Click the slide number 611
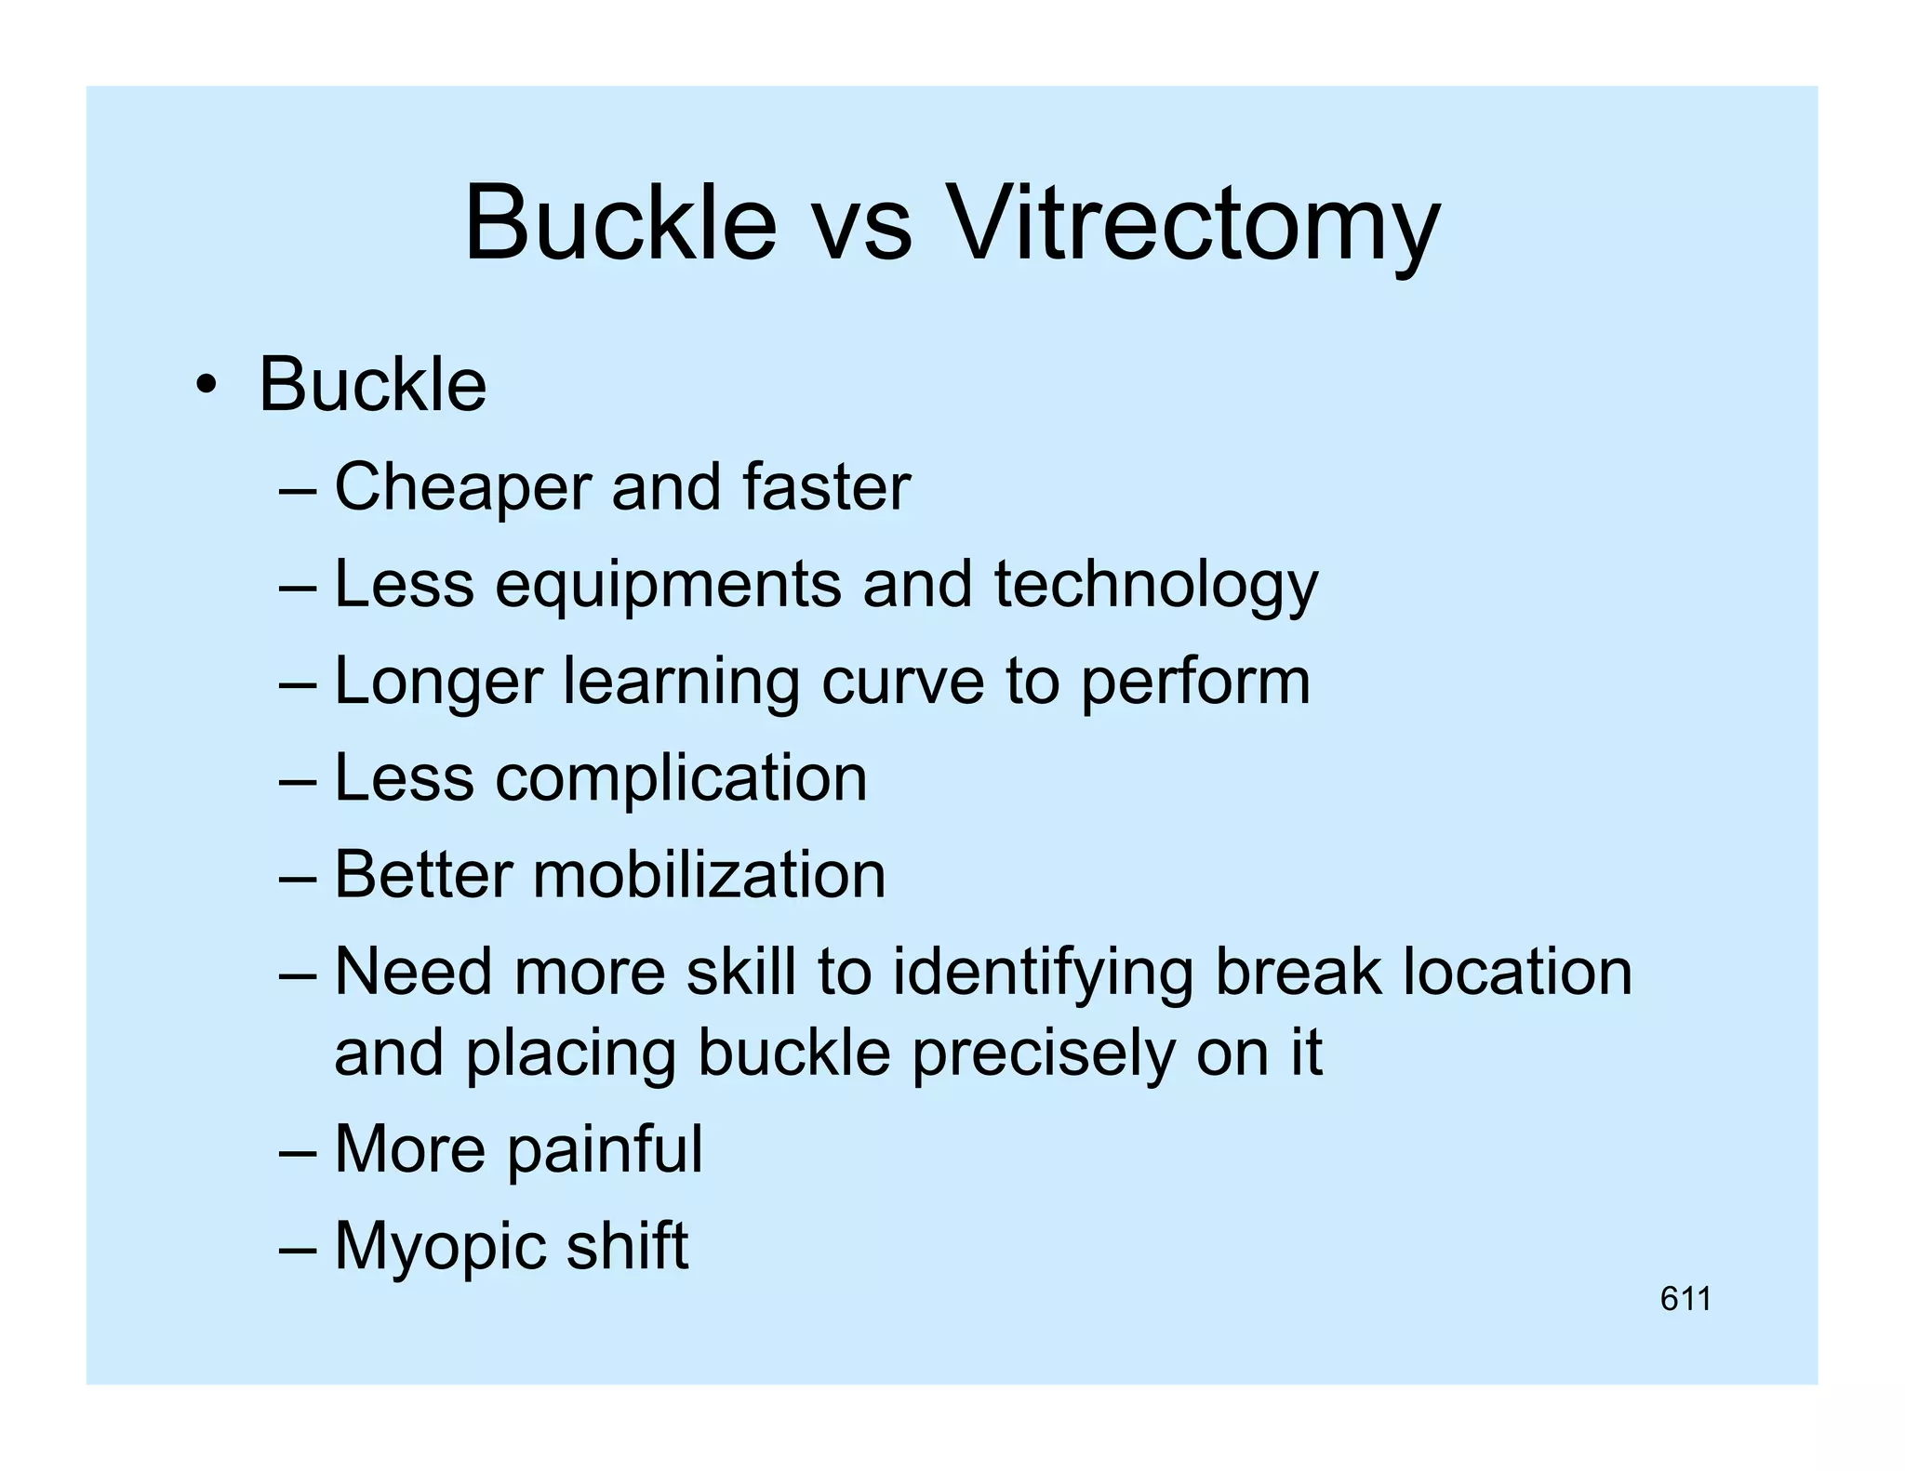coord(1685,1299)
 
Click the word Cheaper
coord(462,487)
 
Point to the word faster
coord(826,487)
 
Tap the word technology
coord(1155,586)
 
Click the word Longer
coord(437,682)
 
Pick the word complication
coord(681,778)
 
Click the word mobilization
coord(709,875)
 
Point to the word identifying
coord(1042,973)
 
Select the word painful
coord(605,1150)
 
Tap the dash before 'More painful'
coord(298,1153)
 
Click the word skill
coord(740,973)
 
